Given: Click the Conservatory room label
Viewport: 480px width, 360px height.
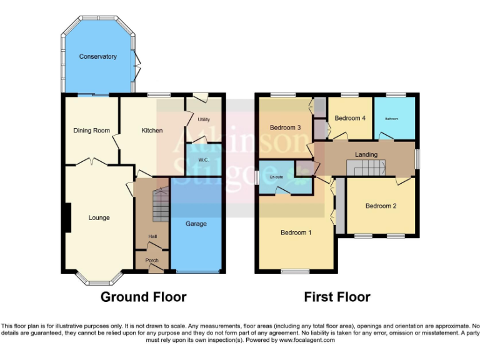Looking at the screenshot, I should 97,57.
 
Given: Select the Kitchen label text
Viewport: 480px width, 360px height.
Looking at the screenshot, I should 152,131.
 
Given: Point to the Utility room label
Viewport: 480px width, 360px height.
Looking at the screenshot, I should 203,119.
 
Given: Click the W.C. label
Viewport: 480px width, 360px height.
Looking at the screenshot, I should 203,159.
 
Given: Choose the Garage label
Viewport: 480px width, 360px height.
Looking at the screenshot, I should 196,224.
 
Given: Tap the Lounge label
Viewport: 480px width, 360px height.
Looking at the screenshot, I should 99,218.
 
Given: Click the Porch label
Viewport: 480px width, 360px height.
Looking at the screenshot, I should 152,261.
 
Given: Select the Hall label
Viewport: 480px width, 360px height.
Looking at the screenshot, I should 152,236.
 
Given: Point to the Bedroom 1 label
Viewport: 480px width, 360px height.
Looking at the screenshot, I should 296,233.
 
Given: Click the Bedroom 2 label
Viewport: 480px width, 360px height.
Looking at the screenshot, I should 381,206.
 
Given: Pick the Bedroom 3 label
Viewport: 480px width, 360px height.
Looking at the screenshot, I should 286,127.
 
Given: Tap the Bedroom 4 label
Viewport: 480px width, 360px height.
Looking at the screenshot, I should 350,118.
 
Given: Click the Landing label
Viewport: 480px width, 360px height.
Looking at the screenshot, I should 366,154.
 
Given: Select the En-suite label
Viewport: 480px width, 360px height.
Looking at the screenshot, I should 275,177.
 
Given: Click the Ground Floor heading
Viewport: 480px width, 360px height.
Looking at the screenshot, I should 143,297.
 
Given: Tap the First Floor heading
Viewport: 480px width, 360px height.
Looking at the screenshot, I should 337,297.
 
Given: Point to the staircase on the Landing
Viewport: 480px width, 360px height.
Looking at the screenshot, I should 367,167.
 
